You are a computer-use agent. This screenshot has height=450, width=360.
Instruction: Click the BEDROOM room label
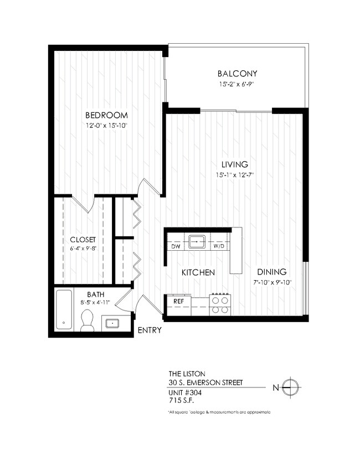tap(106, 115)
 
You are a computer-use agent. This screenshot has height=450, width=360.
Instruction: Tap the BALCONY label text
tap(238, 74)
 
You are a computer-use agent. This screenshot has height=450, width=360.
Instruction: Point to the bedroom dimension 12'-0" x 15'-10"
tap(106, 126)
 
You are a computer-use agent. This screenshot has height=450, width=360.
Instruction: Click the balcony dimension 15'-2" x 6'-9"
tap(238, 85)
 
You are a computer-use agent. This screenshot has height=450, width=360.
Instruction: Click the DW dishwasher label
tap(176, 245)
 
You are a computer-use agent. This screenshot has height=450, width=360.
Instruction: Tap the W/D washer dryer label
tap(218, 245)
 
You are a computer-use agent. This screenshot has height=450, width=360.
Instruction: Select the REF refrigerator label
tap(178, 301)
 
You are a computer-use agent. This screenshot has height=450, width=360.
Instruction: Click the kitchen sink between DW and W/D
tap(197, 242)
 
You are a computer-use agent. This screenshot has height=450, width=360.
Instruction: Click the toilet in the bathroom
tap(87, 320)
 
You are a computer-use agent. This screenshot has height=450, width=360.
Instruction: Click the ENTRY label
tap(150, 331)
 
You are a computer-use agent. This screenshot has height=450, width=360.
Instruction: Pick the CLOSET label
tap(83, 240)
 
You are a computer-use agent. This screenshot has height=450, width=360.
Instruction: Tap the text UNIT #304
tap(184, 391)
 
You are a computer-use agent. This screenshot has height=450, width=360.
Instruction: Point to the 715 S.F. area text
tap(181, 399)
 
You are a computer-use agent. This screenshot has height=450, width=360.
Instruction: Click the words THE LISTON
tap(183, 373)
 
